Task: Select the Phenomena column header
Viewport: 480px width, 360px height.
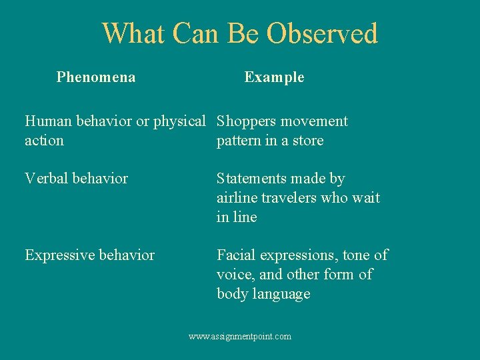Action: pyautogui.click(x=96, y=77)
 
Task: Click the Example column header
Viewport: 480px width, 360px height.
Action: pyautogui.click(x=274, y=77)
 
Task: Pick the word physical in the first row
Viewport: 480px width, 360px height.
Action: pyautogui.click(x=179, y=122)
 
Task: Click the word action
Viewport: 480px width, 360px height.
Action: pyautogui.click(x=44, y=141)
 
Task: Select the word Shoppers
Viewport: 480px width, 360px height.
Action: pyautogui.click(x=246, y=122)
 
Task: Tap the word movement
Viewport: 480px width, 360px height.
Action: pyautogui.click(x=314, y=121)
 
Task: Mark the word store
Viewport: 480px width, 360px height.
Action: pyautogui.click(x=307, y=141)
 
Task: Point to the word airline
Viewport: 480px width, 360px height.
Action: pyautogui.click(x=238, y=198)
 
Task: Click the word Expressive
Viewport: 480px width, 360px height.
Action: pyautogui.click(x=57, y=255)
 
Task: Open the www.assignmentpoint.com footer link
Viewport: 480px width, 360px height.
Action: pyautogui.click(x=240, y=337)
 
